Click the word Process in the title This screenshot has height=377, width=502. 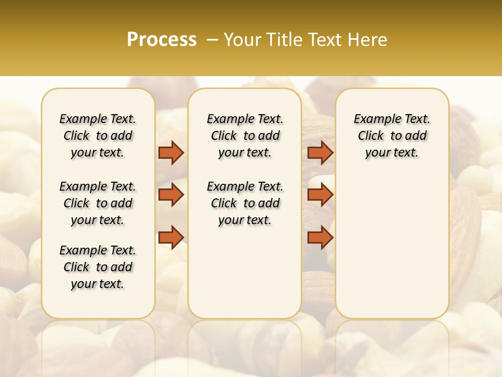click(162, 40)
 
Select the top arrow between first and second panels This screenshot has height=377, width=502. click(171, 152)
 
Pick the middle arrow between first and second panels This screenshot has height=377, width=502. click(171, 195)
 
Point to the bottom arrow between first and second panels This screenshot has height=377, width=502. click(171, 237)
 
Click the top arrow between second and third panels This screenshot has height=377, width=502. click(320, 152)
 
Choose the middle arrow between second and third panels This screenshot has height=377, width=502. click(320, 195)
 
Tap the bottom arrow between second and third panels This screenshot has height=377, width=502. click(320, 237)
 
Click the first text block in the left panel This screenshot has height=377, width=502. click(98, 136)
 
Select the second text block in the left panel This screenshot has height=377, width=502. click(98, 203)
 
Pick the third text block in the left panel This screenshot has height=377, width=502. click(98, 267)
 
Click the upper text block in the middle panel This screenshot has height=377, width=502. click(245, 136)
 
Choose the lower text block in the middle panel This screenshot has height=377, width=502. click(245, 203)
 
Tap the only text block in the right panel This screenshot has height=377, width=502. click(392, 136)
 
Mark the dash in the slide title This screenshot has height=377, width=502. click(212, 40)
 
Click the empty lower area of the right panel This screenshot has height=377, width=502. click(392, 246)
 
